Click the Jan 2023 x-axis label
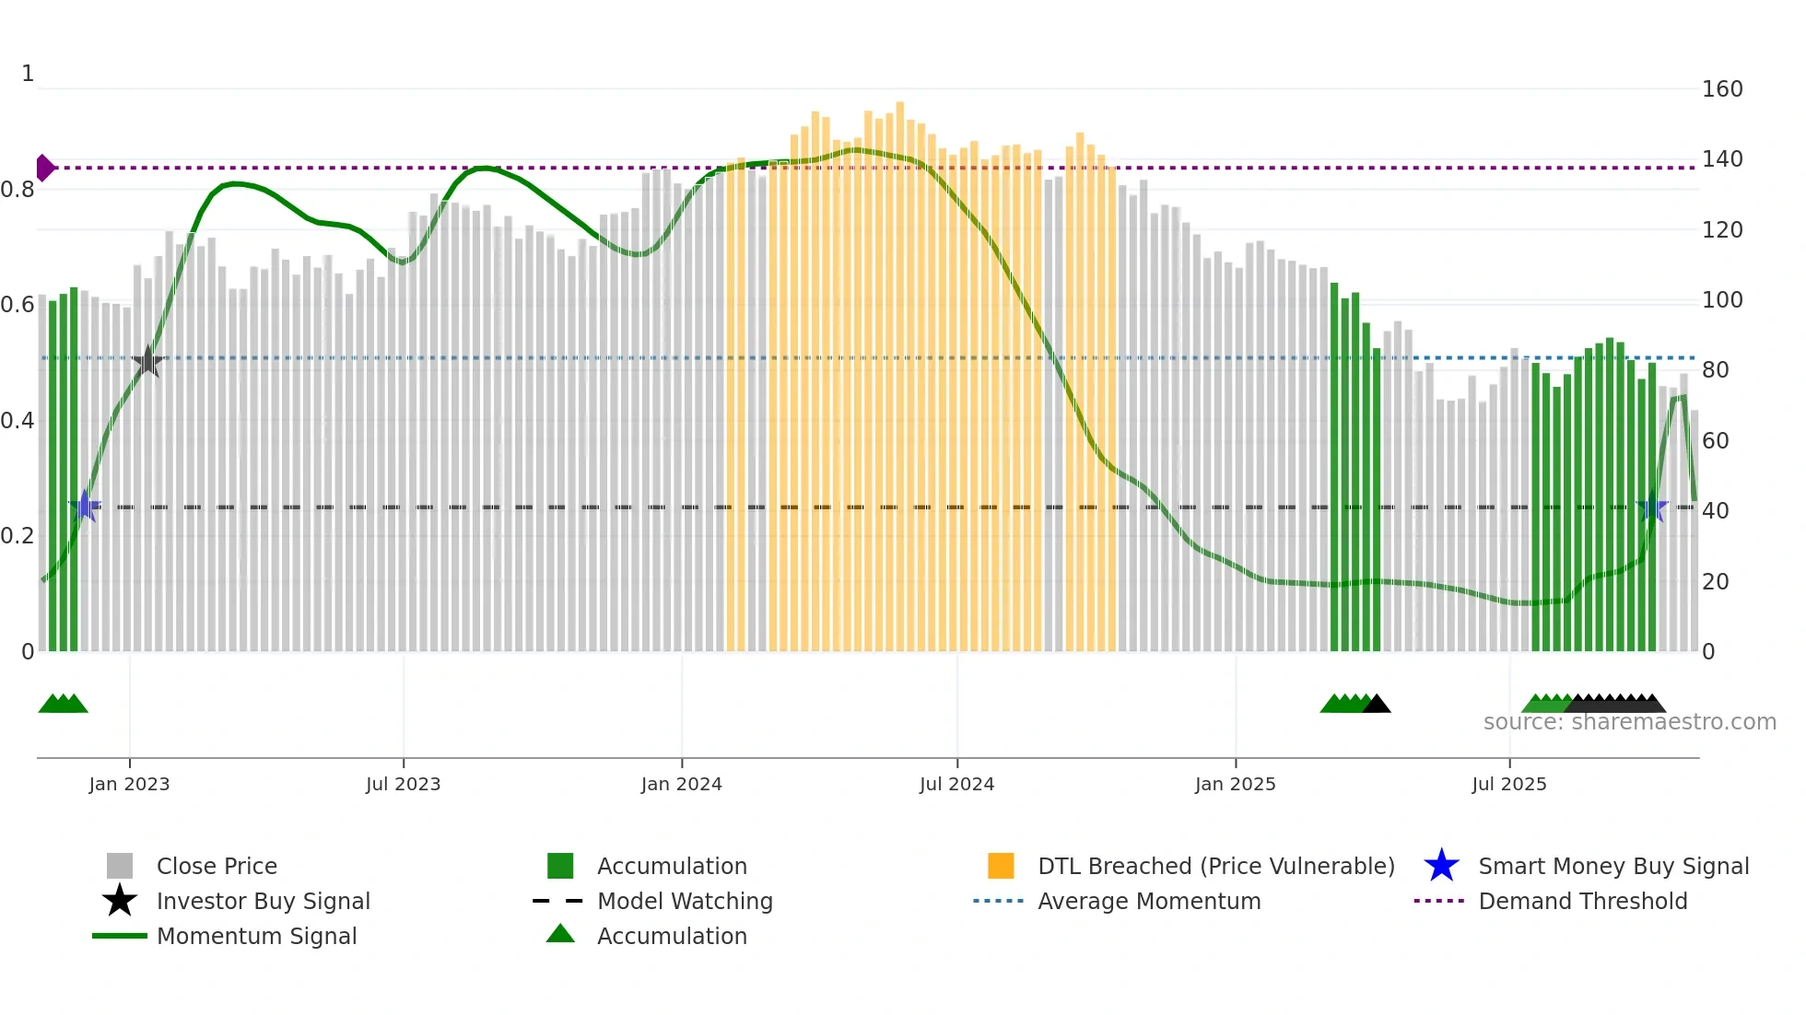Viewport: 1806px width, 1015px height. pos(129,784)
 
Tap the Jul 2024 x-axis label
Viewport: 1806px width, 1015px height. pos(956,784)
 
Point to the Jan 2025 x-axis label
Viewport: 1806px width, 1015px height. pos(1235,784)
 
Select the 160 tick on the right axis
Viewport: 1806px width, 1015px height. pos(1721,89)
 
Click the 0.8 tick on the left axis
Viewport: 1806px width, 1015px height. pos(18,190)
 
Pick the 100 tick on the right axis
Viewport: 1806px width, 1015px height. pos(1721,300)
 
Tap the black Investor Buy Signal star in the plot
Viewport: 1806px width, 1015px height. pos(147,361)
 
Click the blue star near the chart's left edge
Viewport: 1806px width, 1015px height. pos(85,506)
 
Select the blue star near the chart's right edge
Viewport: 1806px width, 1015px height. pos(1653,507)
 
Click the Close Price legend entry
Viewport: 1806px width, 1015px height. pos(217,866)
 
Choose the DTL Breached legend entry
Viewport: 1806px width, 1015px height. pos(1215,866)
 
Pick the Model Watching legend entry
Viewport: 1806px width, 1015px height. pos(684,901)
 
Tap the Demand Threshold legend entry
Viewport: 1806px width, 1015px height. pos(1582,901)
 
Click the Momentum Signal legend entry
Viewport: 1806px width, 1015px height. pos(256,936)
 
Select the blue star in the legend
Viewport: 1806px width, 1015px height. pos(1441,866)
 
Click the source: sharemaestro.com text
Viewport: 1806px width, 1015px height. pos(1629,722)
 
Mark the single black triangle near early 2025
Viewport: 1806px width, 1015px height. pos(1377,705)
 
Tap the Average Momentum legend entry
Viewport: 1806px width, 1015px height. pos(1148,901)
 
